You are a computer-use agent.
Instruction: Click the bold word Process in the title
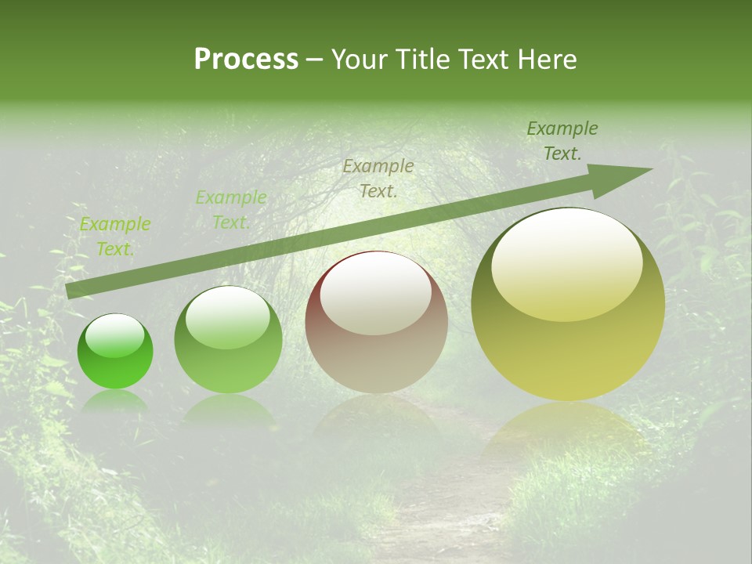click(246, 60)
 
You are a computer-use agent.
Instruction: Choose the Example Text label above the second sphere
click(230, 210)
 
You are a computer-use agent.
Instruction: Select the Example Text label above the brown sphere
click(378, 178)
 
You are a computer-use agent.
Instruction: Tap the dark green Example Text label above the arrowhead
click(562, 141)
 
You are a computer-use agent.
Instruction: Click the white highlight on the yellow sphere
click(566, 262)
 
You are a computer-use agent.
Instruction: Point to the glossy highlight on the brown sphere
click(375, 293)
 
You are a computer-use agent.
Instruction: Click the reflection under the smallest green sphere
click(114, 400)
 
